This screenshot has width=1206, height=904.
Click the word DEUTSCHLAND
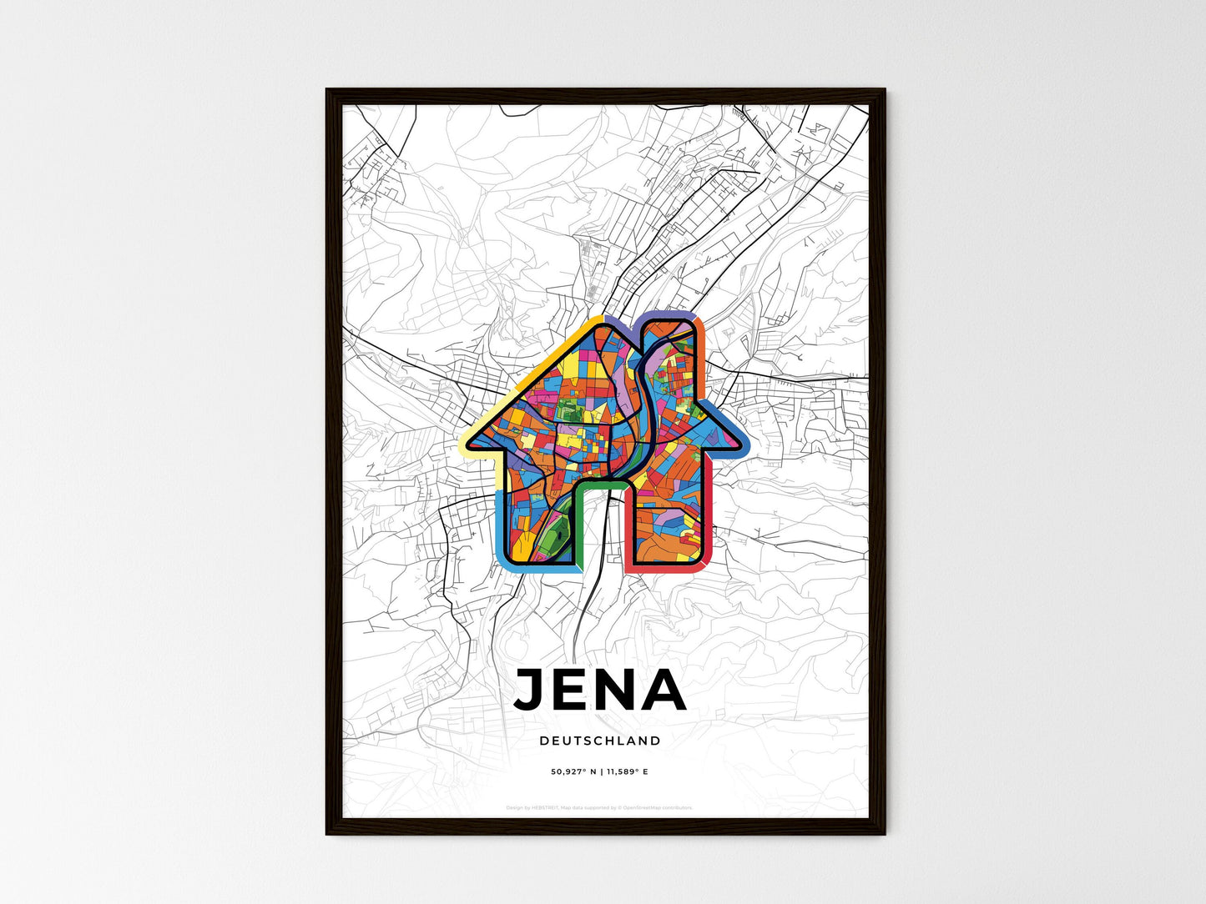600,741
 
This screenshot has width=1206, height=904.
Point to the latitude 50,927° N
575,772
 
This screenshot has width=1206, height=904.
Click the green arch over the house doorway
601,484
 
